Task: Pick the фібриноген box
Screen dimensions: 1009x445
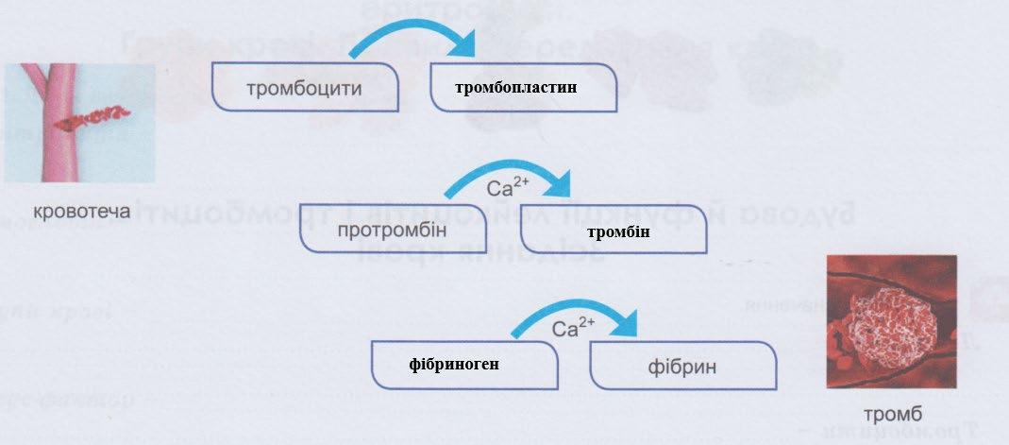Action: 458,363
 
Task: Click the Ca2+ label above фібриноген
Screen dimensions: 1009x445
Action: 573,329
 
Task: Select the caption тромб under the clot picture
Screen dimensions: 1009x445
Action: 890,413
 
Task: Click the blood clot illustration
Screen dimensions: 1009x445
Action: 891,321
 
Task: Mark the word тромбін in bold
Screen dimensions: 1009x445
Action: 618,231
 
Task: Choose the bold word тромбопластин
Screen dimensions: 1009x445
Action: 515,88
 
